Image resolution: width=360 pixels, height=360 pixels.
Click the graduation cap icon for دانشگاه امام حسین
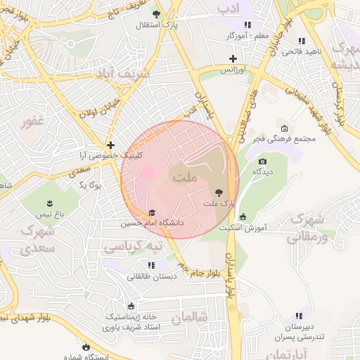tap(152, 212)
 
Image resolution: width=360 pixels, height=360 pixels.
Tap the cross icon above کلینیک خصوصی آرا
tap(110, 144)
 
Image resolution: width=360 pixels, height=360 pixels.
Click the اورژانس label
tap(232, 70)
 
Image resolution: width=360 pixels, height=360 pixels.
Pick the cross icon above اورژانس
tap(233, 59)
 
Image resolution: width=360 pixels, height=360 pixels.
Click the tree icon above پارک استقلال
tap(156, 13)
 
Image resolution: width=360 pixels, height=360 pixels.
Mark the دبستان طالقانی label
tap(150, 276)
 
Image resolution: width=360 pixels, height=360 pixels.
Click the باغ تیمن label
tap(50, 213)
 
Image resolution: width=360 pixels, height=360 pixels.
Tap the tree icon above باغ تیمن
tap(50, 202)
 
